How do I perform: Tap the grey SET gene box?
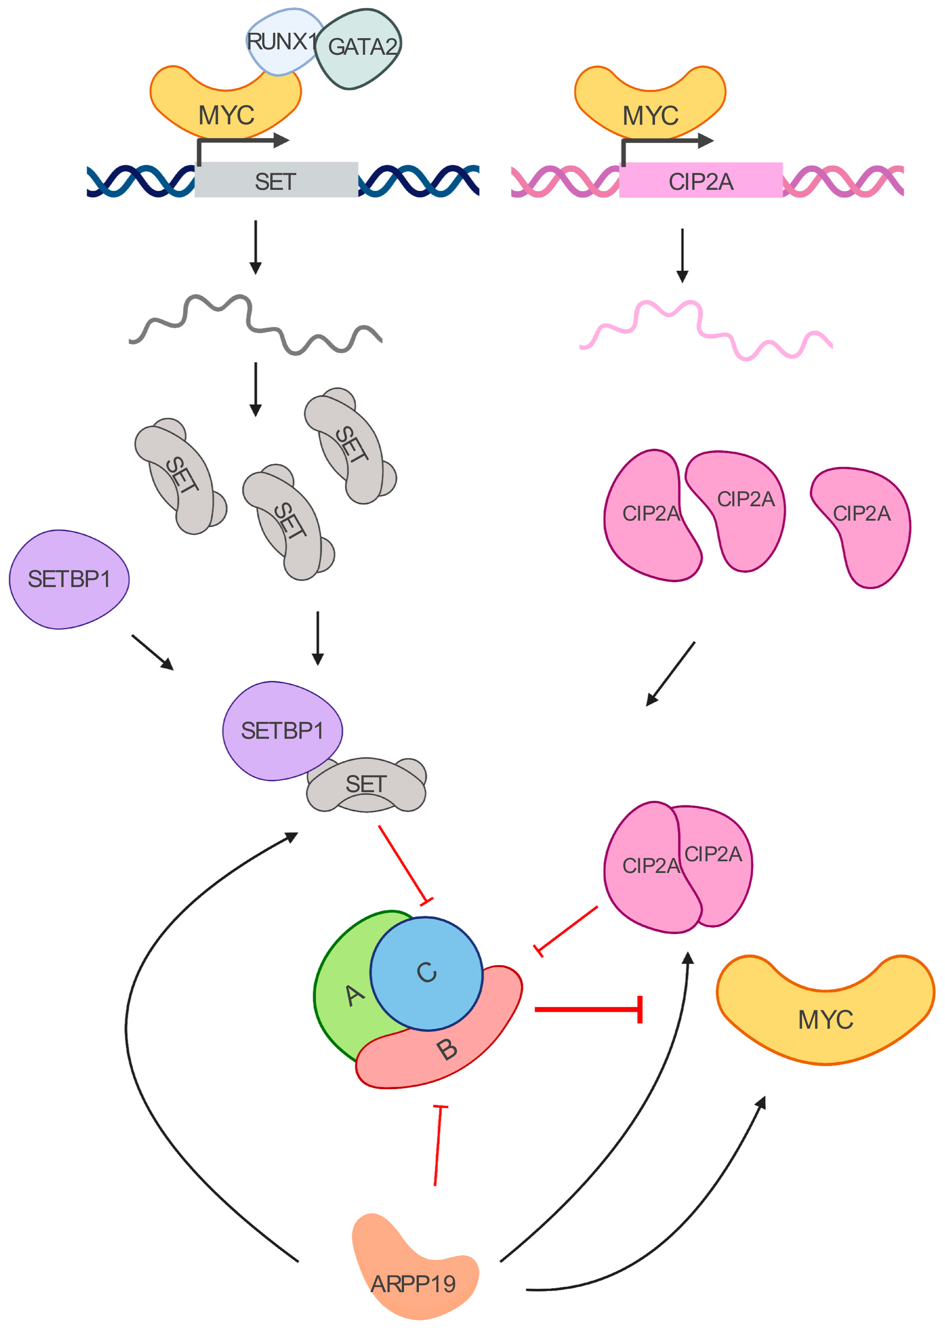pyautogui.click(x=276, y=181)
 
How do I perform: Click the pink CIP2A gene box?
pyautogui.click(x=701, y=181)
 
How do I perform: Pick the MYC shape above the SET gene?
pyautogui.click(x=226, y=110)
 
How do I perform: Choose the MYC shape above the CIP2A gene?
pyautogui.click(x=650, y=110)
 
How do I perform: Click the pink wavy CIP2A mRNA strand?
pyautogui.click(x=705, y=330)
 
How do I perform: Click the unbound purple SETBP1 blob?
pyautogui.click(x=69, y=579)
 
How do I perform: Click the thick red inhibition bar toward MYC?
pyautogui.click(x=588, y=1009)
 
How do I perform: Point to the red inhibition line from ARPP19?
pyautogui.click(x=438, y=1146)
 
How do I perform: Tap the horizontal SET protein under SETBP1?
pyautogui.click(x=367, y=785)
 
